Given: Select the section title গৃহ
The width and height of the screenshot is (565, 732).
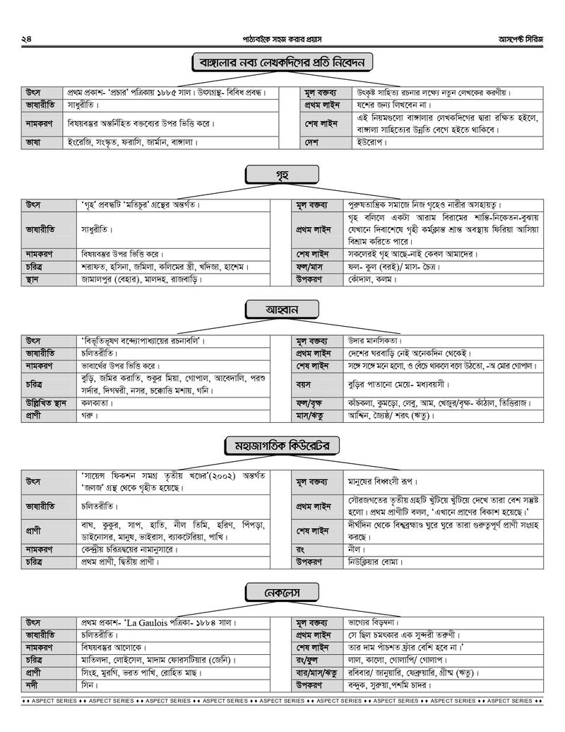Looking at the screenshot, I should tap(282, 174).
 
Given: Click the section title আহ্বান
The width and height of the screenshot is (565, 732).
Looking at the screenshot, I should tap(282, 310).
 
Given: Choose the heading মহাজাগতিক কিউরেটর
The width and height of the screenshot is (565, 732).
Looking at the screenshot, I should tap(282, 446).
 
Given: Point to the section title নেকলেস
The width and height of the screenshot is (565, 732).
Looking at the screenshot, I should tap(282, 592).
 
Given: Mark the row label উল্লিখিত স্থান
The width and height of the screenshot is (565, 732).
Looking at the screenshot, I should tap(46, 402).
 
